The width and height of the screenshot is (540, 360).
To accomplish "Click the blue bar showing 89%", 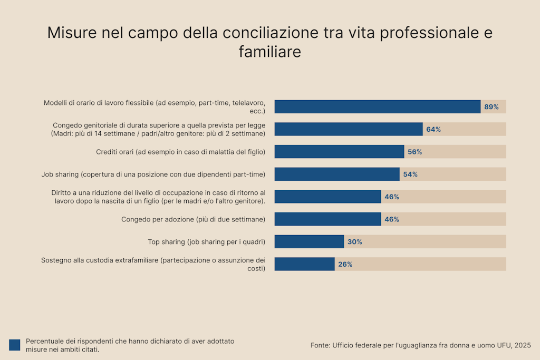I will [377, 106].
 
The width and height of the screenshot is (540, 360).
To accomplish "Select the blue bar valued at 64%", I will [348, 129].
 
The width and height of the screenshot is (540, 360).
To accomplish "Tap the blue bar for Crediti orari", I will [339, 152].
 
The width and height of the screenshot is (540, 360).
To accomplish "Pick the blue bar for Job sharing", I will [337, 174].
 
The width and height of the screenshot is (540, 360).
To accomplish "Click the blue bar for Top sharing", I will [309, 241].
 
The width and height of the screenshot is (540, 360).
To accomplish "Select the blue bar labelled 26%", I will [304, 264].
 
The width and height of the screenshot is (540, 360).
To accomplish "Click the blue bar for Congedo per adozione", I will [327, 219].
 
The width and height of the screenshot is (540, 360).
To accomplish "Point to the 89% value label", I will [491, 107].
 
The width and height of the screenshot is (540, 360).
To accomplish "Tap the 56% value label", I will [414, 152].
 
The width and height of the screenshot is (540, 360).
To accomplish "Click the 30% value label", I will [354, 242].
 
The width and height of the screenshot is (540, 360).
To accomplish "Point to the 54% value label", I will [410, 174].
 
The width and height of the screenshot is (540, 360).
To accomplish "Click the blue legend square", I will [14, 345].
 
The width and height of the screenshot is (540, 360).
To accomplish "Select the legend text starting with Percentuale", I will [130, 345].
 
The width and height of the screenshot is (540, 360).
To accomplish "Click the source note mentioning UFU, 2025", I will [420, 345].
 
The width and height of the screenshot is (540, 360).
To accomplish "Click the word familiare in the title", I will [269, 52].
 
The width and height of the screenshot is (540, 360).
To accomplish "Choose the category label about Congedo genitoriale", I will [158, 129].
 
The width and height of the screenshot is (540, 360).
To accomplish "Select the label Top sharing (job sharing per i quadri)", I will [206, 242].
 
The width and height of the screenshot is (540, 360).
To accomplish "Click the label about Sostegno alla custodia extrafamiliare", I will [153, 264].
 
